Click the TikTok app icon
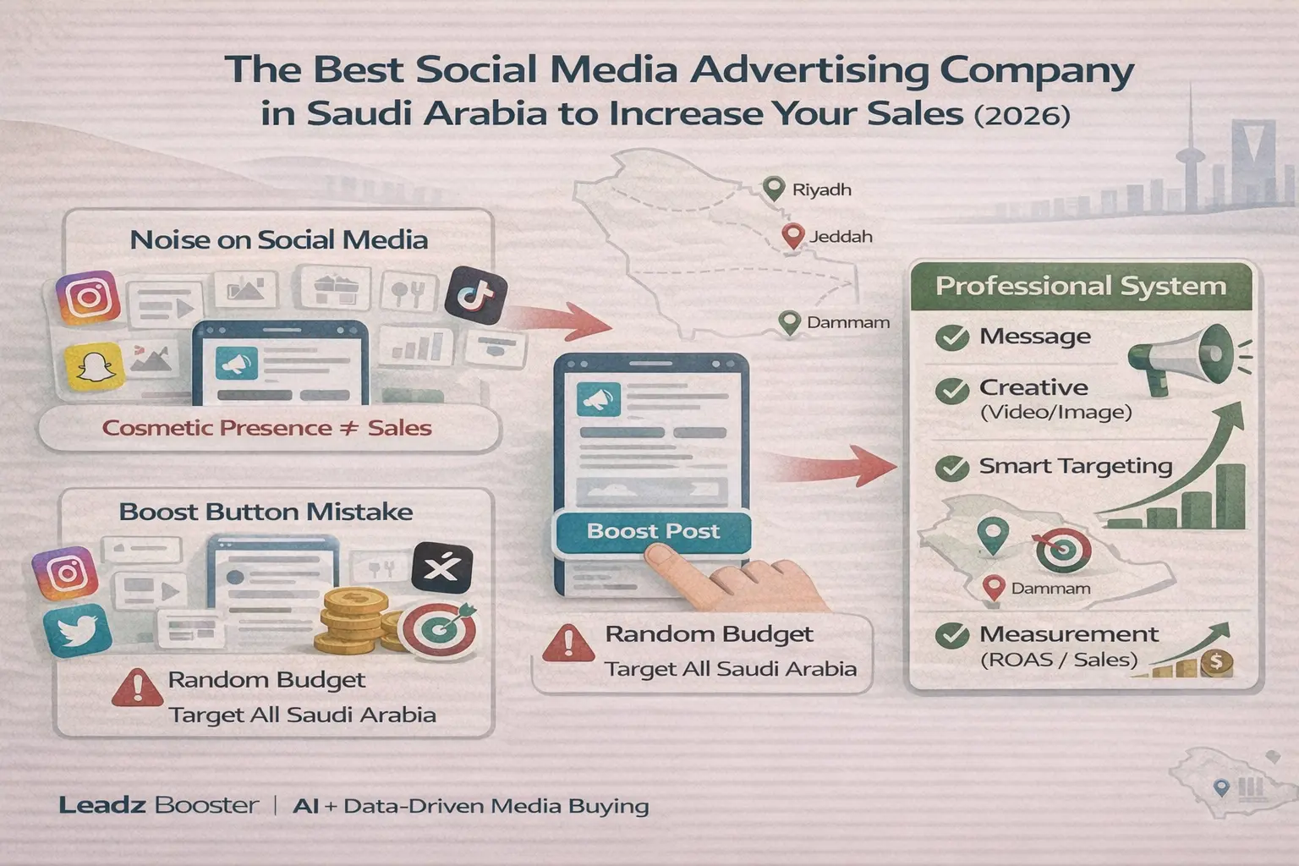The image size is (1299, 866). click(x=475, y=295)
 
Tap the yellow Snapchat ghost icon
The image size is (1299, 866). click(x=95, y=366)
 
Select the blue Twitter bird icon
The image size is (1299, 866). click(x=78, y=630)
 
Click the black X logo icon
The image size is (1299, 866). click(x=442, y=567)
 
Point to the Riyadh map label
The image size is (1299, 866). click(x=822, y=189)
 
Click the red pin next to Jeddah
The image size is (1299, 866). click(x=792, y=236)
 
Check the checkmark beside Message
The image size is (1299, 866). click(x=952, y=337)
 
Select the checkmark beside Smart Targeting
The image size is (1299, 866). click(x=952, y=468)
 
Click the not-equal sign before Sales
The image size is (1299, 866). click(x=349, y=428)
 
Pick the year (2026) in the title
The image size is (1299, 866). click(x=1022, y=115)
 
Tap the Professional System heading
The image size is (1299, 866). click(x=1081, y=286)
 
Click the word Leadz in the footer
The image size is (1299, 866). click(x=102, y=805)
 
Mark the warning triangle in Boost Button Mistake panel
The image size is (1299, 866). click(x=138, y=688)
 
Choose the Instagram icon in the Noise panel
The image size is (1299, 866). click(x=88, y=298)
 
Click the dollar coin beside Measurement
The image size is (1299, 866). click(x=1217, y=662)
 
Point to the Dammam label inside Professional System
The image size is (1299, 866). click(x=1051, y=588)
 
